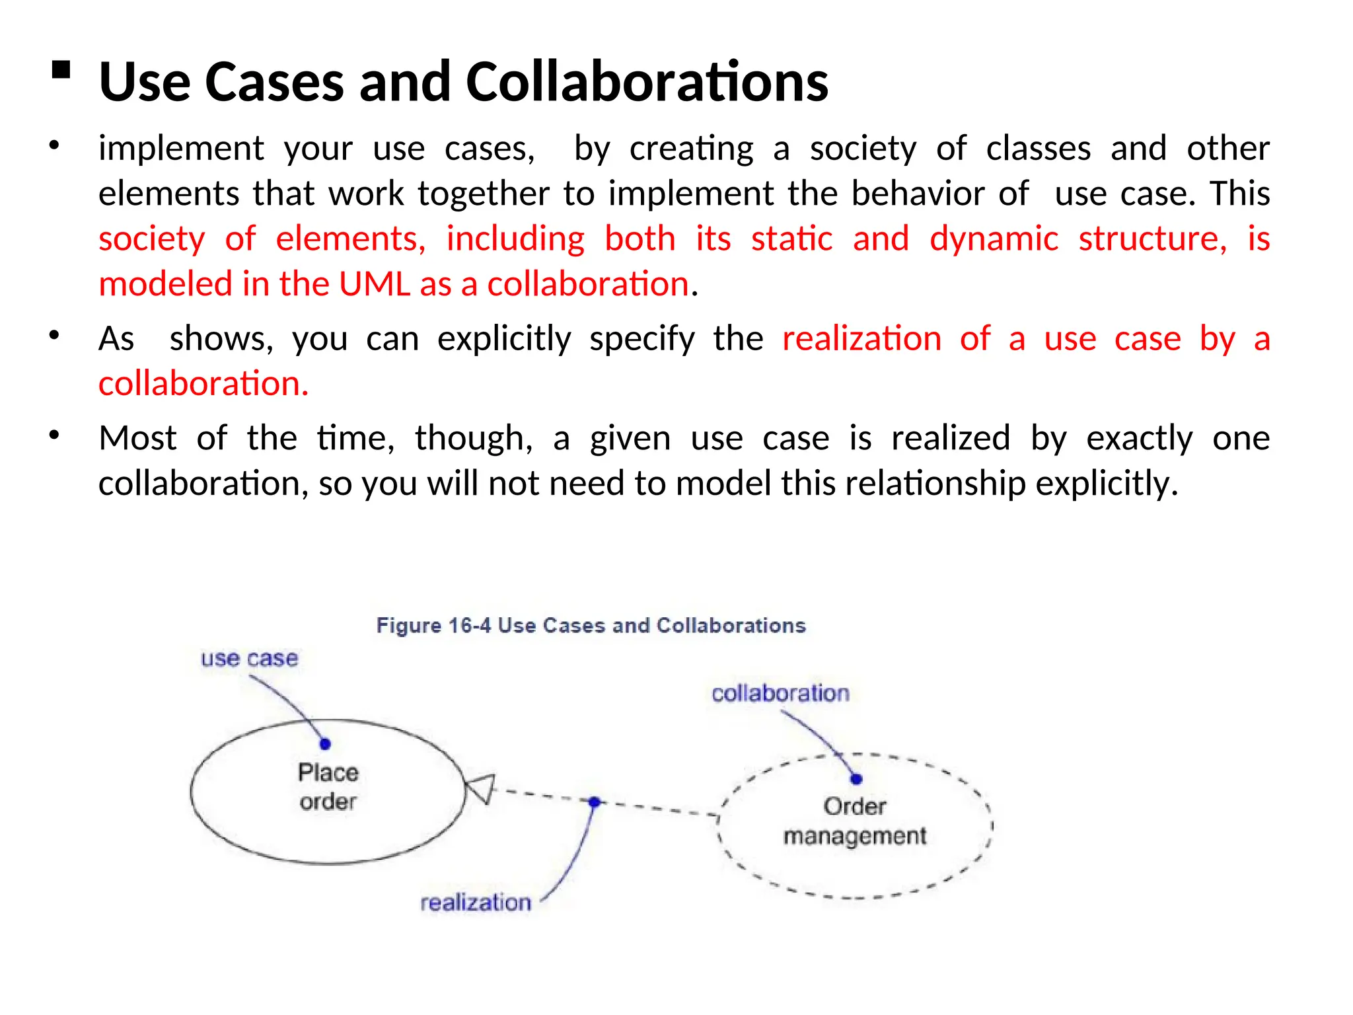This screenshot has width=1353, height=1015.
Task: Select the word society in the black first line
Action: (863, 148)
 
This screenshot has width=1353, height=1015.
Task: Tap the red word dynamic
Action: (994, 239)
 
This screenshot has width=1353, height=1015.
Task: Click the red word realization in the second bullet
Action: (861, 339)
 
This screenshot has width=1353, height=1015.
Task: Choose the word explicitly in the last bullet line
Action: (1107, 483)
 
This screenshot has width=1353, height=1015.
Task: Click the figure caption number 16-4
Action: (469, 625)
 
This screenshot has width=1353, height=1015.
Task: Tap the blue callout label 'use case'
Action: (249, 658)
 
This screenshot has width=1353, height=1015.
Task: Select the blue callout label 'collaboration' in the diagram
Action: (780, 693)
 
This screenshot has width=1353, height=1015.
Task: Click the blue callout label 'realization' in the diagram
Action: (476, 902)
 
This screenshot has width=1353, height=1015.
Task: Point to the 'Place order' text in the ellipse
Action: (328, 787)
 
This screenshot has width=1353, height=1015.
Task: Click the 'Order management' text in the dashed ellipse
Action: (855, 821)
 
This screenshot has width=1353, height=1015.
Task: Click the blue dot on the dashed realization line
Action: (594, 802)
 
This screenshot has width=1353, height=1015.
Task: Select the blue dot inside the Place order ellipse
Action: (325, 744)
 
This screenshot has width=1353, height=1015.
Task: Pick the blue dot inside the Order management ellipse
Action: (856, 779)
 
